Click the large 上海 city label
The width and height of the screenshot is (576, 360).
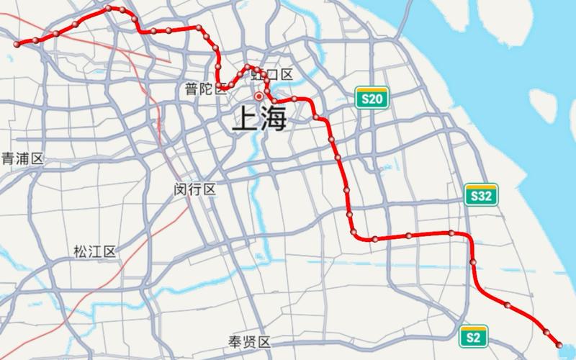pyautogui.click(x=258, y=118)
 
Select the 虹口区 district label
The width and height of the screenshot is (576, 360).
pyautogui.click(x=276, y=75)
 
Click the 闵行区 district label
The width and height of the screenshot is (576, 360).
pyautogui.click(x=195, y=189)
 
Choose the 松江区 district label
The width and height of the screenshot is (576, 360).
pyautogui.click(x=94, y=252)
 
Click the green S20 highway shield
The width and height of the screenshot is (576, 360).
pyautogui.click(x=372, y=99)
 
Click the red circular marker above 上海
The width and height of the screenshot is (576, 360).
pyautogui.click(x=259, y=96)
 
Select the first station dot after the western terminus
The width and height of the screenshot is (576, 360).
pyautogui.click(x=35, y=40)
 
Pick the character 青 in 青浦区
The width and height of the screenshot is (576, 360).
pyautogui.click(x=8, y=158)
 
